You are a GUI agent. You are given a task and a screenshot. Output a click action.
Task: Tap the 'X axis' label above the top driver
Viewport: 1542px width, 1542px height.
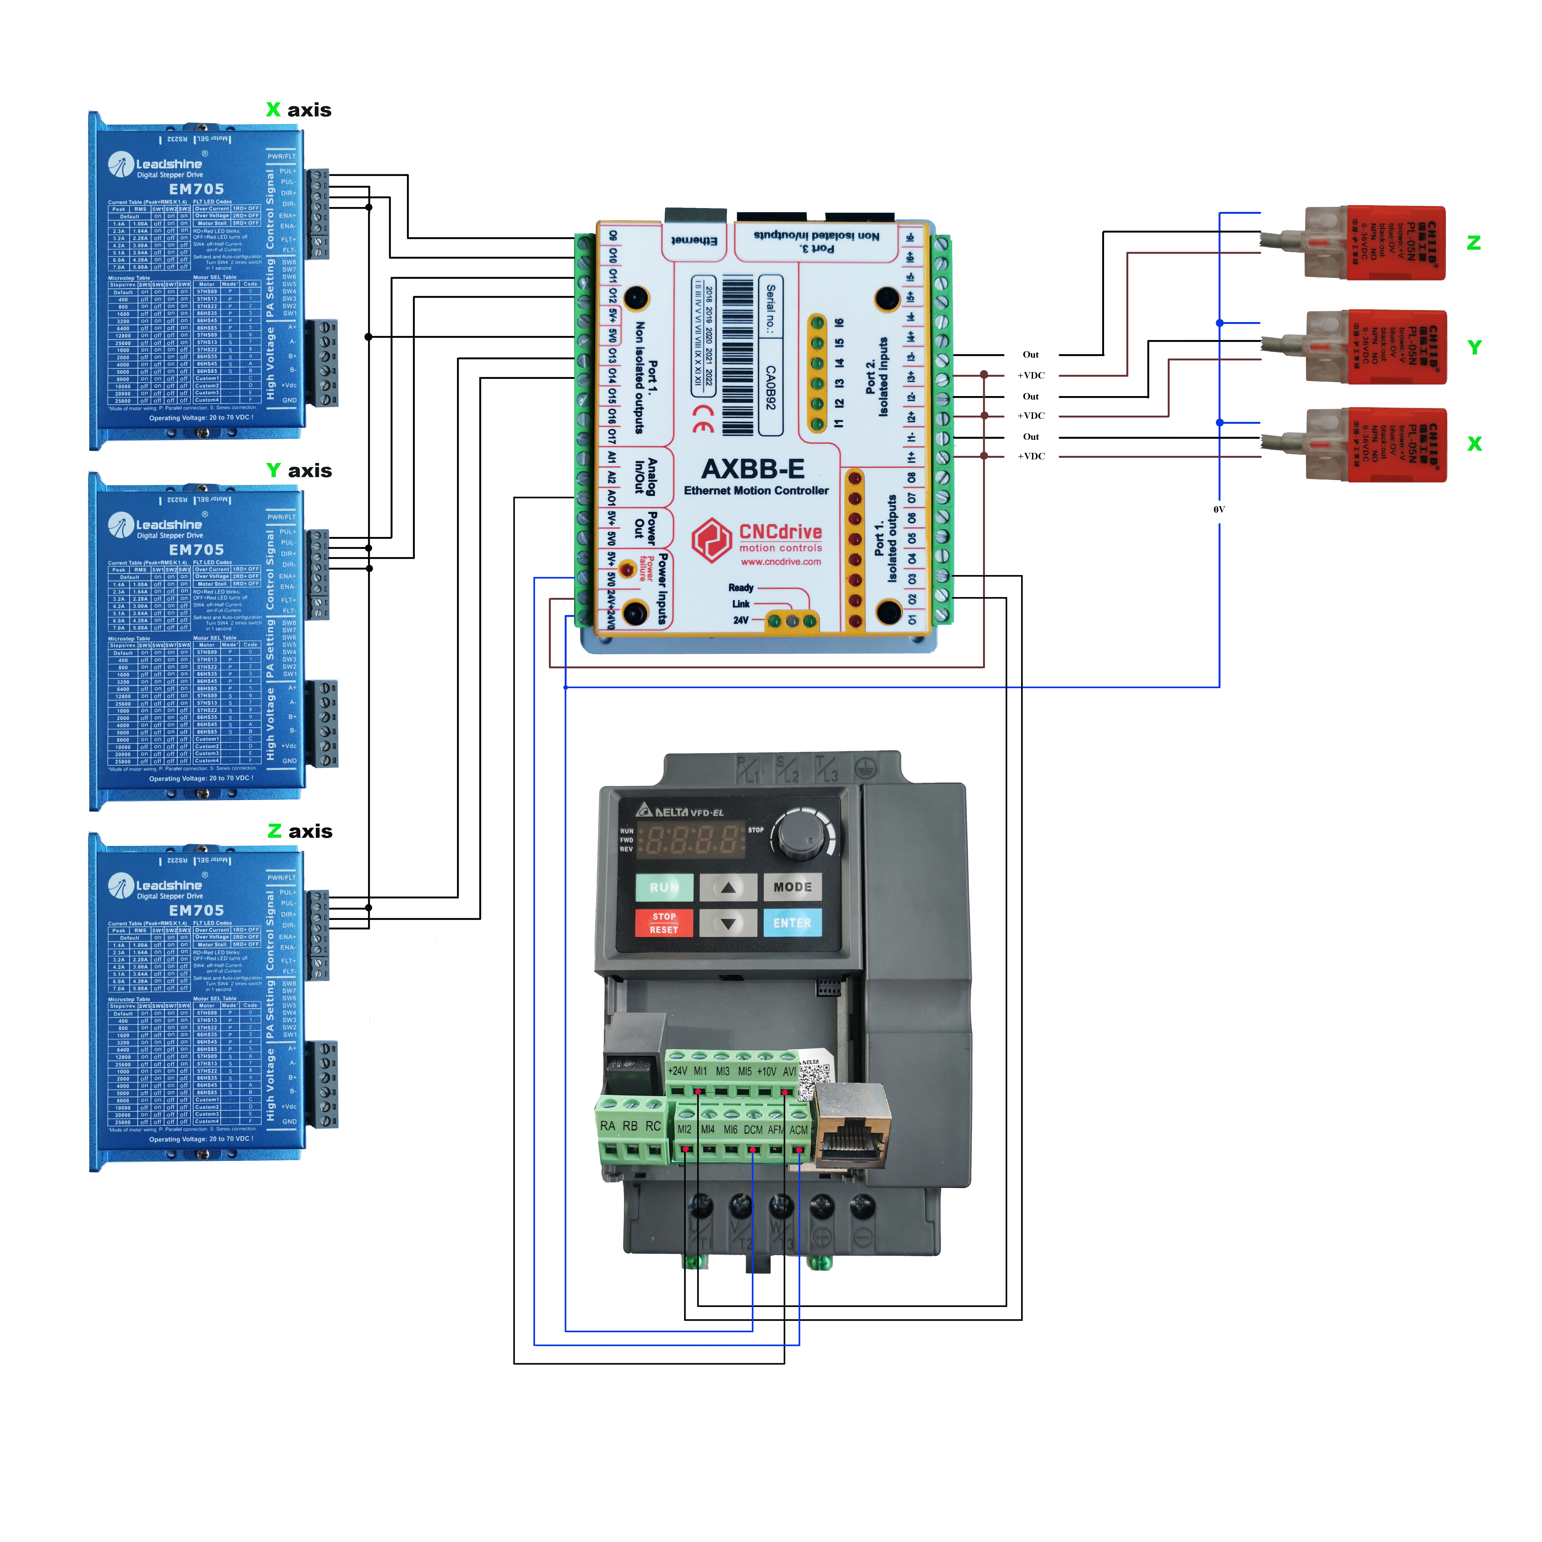pos(298,110)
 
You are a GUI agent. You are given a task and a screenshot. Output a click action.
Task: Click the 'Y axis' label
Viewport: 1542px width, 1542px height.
pos(298,471)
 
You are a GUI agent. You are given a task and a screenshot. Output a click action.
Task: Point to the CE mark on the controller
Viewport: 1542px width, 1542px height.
pos(703,418)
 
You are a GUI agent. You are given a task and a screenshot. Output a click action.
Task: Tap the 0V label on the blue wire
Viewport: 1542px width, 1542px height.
pos(1219,509)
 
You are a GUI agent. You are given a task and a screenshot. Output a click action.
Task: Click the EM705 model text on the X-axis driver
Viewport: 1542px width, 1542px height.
pos(196,189)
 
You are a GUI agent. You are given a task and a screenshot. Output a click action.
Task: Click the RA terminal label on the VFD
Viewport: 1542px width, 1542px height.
pos(607,1126)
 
